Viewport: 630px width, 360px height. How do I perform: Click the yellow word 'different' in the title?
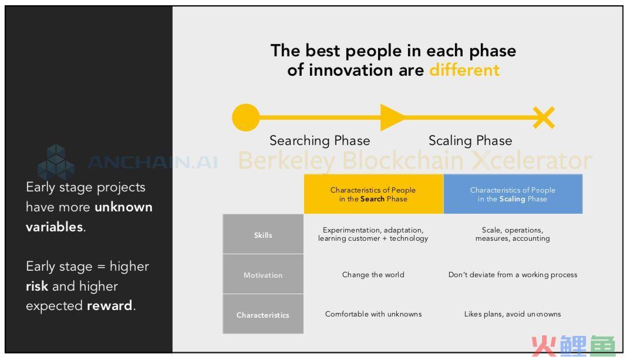pyautogui.click(x=464, y=70)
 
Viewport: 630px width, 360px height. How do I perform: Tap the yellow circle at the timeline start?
pyautogui.click(x=246, y=117)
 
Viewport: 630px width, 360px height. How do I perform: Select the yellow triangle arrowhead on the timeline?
pyautogui.click(x=392, y=117)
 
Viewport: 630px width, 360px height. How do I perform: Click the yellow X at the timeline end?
pyautogui.click(x=544, y=117)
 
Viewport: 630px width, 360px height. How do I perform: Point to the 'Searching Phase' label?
pyautogui.click(x=320, y=141)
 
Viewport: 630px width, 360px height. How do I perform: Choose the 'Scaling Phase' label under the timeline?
pyautogui.click(x=470, y=141)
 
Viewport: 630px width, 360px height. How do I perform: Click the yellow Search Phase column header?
pyautogui.click(x=373, y=194)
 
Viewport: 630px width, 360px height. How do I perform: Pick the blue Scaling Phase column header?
pyautogui.click(x=513, y=194)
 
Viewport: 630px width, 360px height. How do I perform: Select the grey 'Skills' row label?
pyautogui.click(x=263, y=234)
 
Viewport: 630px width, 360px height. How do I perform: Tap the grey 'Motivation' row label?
pyautogui.click(x=263, y=274)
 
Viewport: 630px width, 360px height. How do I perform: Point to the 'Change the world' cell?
pyautogui.click(x=373, y=275)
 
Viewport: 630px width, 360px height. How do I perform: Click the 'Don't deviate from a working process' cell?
pyautogui.click(x=513, y=275)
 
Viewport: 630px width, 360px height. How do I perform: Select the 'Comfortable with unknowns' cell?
pyautogui.click(x=373, y=314)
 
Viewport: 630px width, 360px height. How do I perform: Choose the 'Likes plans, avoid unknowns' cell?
pyautogui.click(x=513, y=314)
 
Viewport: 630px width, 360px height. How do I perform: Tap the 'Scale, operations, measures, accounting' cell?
pyautogui.click(x=513, y=234)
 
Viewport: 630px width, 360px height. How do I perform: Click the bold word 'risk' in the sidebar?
pyautogui.click(x=37, y=286)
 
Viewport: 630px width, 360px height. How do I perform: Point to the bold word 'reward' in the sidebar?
pyautogui.click(x=109, y=306)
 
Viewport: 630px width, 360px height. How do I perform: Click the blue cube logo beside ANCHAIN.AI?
pyautogui.click(x=56, y=162)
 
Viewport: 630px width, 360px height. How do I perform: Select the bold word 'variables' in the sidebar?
pyautogui.click(x=54, y=227)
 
